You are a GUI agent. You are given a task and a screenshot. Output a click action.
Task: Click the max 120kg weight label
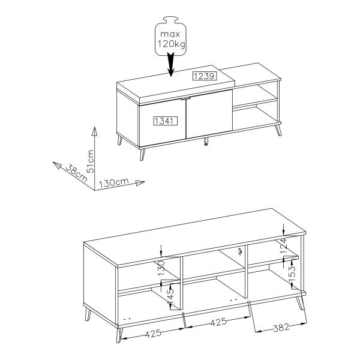171,39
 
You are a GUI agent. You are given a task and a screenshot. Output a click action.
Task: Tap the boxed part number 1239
205,76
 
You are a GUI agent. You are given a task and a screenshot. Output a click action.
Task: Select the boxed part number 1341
166,121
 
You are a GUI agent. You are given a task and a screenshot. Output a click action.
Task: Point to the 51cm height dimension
91,161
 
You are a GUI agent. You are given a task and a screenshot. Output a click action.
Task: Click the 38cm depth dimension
76,173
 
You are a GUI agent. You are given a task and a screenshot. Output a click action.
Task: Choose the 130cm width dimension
114,183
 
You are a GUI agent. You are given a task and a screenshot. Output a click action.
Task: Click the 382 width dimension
281,328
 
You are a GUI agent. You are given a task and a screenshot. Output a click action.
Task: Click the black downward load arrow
170,64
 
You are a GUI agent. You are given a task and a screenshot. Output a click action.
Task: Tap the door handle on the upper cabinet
185,98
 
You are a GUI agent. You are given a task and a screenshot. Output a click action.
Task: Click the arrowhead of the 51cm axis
94,131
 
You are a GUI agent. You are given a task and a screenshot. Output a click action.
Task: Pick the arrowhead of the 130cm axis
140,183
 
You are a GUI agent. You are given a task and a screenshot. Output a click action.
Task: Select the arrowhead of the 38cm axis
57,165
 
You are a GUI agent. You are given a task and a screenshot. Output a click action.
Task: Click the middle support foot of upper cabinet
206,142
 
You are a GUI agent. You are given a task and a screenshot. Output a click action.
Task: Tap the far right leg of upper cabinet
278,130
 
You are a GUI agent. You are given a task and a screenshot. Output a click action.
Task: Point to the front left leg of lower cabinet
119,335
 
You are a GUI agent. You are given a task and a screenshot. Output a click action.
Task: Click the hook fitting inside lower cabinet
240,251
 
